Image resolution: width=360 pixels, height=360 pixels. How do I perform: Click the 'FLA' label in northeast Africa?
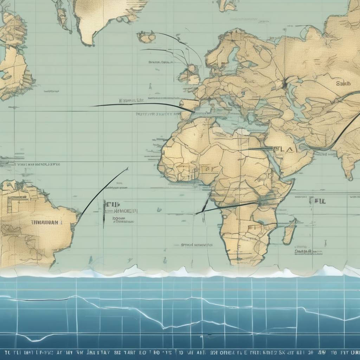pos(283,149)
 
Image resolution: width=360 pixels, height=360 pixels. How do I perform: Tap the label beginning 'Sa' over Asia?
pos(343,84)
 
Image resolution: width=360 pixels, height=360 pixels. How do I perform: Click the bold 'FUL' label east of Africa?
pos(317,201)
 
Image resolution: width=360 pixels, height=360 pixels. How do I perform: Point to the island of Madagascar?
pos(290,231)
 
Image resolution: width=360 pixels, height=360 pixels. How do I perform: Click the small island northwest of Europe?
pos(146,37)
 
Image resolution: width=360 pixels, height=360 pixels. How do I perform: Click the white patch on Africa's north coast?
pos(242,132)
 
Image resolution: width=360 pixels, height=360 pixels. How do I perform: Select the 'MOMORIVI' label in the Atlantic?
pos(126,211)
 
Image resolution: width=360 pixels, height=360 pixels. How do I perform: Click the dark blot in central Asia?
pos(284,85)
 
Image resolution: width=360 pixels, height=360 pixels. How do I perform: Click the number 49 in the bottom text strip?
pos(321,352)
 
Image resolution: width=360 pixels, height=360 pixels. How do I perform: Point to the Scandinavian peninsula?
pos(225,53)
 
